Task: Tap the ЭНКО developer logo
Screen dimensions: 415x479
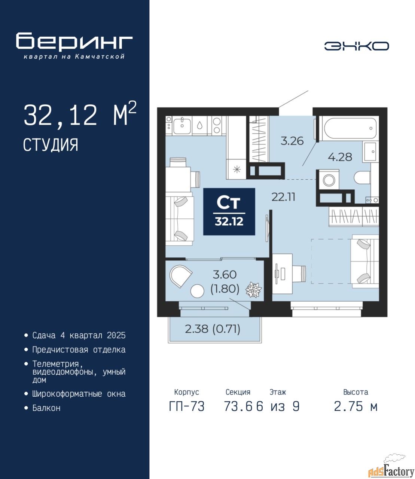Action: click(x=356, y=46)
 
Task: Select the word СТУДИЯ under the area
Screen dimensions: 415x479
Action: click(x=51, y=145)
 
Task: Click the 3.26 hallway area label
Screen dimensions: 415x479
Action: click(x=292, y=141)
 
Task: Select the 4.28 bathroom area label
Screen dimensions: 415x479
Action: click(x=340, y=157)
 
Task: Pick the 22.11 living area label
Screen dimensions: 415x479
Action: click(x=283, y=197)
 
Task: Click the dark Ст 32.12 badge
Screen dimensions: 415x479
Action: click(x=229, y=211)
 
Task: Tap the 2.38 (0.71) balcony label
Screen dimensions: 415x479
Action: click(x=213, y=329)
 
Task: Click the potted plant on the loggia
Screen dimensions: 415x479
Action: click(x=253, y=290)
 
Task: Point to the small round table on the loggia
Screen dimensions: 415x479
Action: click(x=197, y=291)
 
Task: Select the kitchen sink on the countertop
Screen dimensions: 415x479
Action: click(x=182, y=125)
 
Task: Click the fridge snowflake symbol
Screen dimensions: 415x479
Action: click(x=237, y=170)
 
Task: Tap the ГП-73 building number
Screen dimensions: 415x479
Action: click(x=187, y=406)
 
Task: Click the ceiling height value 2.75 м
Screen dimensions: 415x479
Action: click(x=356, y=406)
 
